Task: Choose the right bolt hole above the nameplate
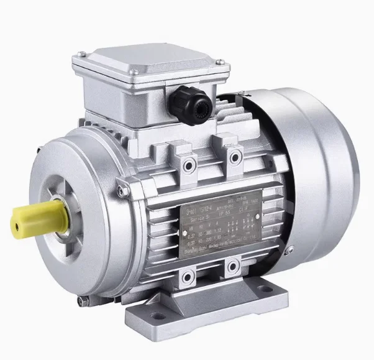[x=234, y=155]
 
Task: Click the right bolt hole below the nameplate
[x=232, y=251]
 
